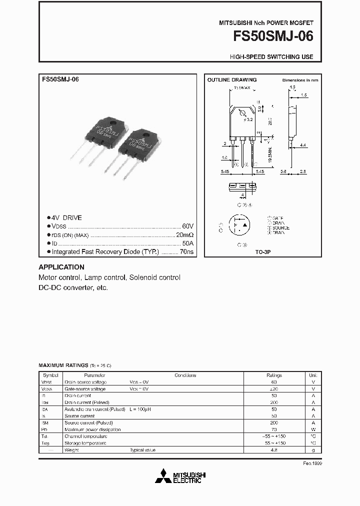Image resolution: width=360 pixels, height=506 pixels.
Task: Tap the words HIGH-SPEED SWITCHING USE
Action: coord(271,57)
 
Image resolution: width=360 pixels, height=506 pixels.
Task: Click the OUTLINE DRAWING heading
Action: coord(232,80)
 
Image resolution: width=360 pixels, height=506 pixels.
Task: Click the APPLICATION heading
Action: coord(61,267)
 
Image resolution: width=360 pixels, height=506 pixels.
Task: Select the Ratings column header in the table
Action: coord(274,375)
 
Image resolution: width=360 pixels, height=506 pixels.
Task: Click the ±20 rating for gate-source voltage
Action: coord(274,388)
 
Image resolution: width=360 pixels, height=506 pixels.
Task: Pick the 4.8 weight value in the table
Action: coord(274,450)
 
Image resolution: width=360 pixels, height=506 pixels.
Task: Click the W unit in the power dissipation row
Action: coord(313,429)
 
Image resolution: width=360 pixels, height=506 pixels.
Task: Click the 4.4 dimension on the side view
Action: coord(303,145)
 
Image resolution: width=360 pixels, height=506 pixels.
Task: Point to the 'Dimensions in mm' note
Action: coord(300,80)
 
